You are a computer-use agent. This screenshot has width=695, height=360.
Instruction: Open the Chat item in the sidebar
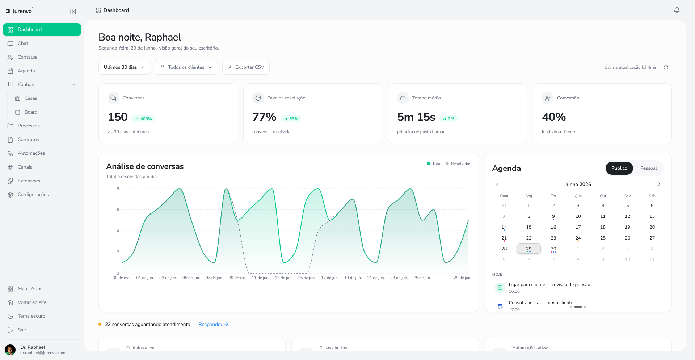pos(23,43)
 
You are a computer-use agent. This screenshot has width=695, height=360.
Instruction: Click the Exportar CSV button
pos(246,67)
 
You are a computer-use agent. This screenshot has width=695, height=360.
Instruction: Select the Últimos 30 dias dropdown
pos(124,67)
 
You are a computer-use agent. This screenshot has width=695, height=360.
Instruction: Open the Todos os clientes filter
pos(186,67)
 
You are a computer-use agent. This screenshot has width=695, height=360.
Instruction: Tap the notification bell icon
pos(677,10)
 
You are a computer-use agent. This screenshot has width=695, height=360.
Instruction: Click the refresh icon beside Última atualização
pos(666,67)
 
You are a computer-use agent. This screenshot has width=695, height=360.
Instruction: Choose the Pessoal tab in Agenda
pos(648,168)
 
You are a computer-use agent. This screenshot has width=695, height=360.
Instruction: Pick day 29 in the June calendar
pos(529,249)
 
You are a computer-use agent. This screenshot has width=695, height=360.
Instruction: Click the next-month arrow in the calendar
pos(659,184)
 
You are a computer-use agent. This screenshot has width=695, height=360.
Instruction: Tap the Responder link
pos(214,325)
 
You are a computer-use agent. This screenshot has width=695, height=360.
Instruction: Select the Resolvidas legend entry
pos(459,164)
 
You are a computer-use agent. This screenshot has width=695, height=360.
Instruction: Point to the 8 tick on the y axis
pos(118,189)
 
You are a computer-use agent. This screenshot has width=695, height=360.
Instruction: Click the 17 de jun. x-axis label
pos(330,278)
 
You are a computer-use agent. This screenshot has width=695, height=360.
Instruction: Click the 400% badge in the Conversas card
pos(144,119)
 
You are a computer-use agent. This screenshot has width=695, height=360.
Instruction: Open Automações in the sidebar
pos(31,153)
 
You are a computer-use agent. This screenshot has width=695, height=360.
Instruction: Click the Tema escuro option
pos(31,316)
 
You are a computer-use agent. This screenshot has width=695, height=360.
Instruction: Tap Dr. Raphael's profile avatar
pos(10,350)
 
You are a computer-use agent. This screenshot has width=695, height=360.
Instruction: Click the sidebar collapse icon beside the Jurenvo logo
pos(73,12)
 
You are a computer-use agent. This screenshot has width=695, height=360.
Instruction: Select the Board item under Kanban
pos(31,112)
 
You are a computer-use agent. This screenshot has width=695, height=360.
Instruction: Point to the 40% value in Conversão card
pos(554,117)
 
